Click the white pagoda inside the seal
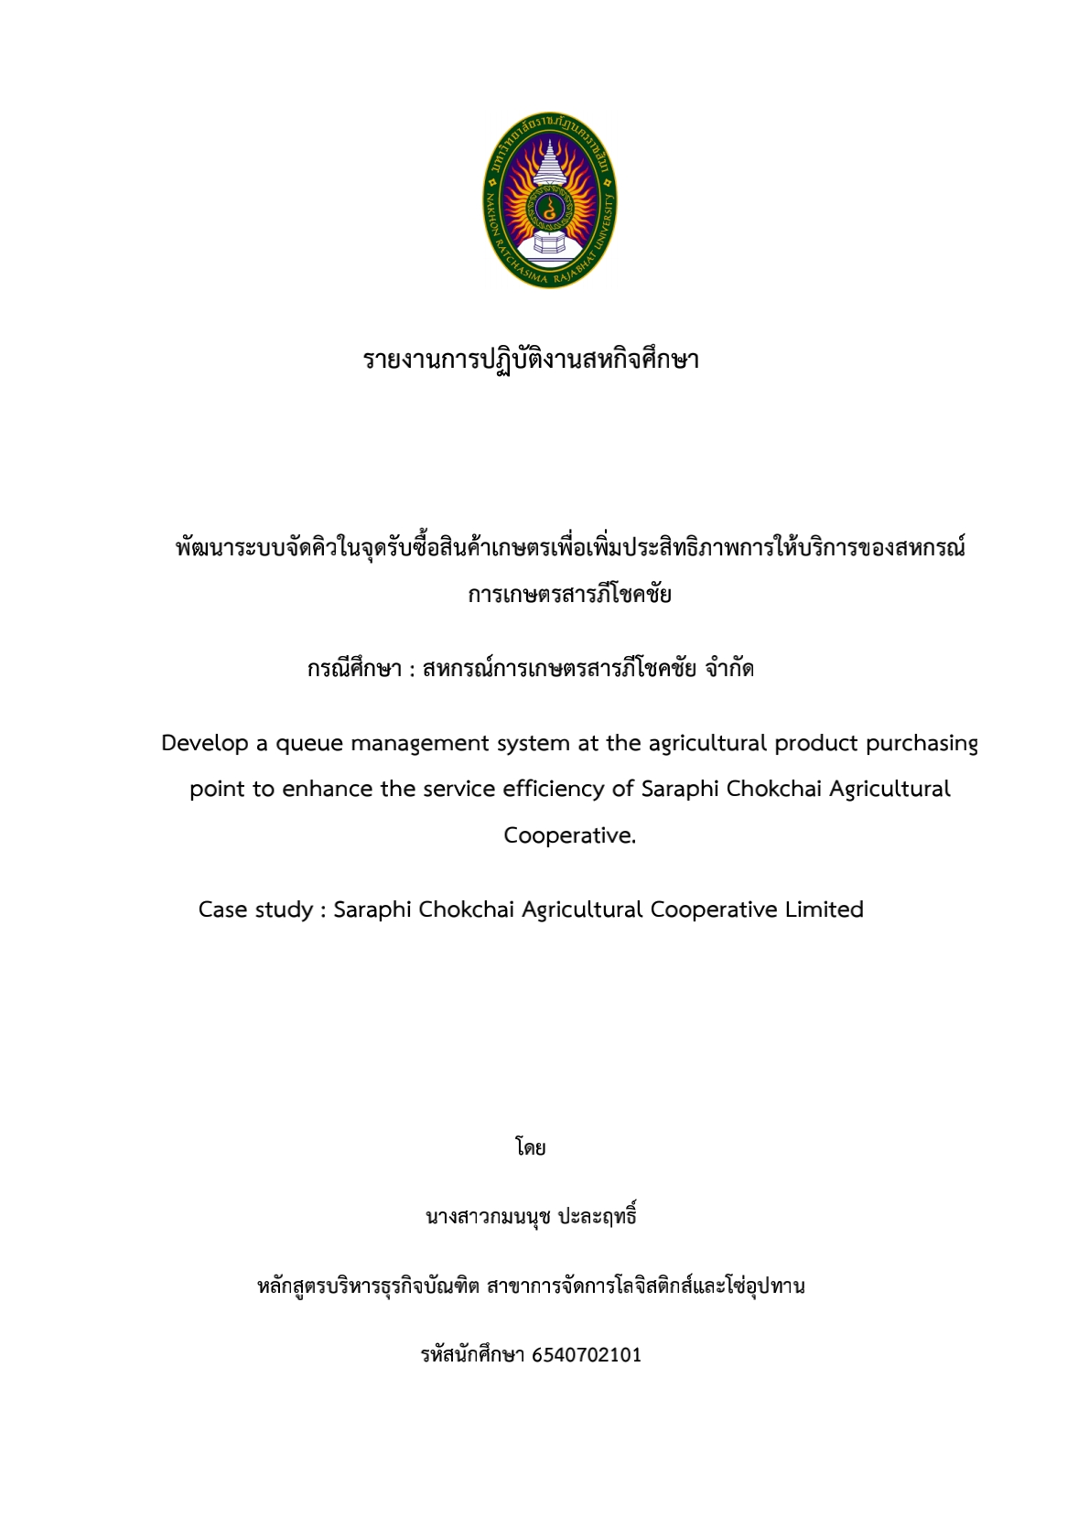coord(549,169)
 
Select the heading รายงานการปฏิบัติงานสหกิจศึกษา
coord(531,359)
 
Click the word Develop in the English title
coord(205,743)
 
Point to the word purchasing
coord(922,744)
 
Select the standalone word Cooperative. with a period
coord(569,835)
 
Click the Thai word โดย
coord(530,1147)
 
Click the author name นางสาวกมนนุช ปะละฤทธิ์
coord(531,1217)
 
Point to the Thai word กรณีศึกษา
coord(354,669)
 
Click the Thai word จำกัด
coord(729,669)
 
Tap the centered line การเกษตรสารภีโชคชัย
coord(569,595)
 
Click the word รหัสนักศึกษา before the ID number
coord(472,1355)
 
